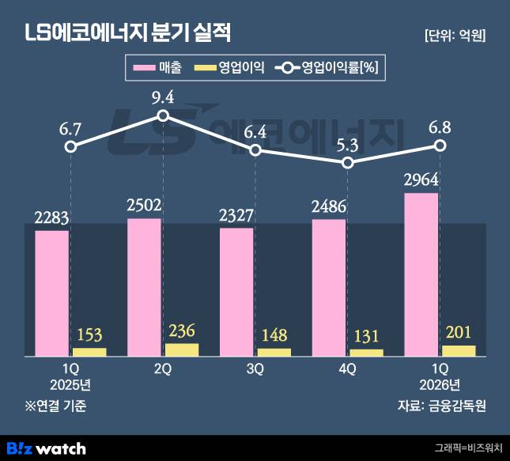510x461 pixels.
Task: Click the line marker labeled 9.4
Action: pos(163,115)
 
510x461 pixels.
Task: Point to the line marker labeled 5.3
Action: pos(348,163)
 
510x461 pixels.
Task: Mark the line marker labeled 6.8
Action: pos(440,145)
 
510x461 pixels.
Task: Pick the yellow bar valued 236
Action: pos(182,349)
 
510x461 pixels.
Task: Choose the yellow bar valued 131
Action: pos(367,352)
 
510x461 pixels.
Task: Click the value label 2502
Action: pos(144,206)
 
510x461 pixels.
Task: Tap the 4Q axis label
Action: pos(348,368)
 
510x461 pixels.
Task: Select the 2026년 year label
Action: pos(440,385)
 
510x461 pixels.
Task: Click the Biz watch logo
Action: pos(46,448)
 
